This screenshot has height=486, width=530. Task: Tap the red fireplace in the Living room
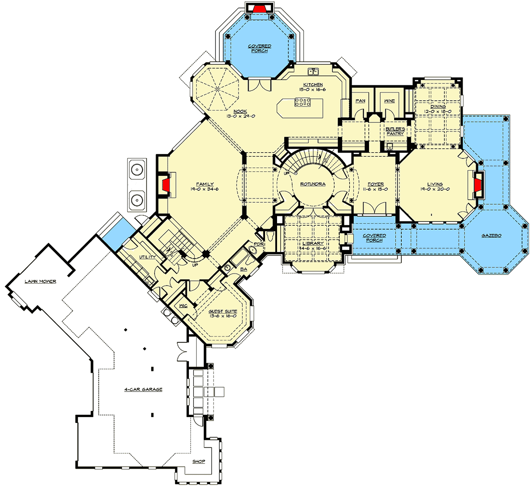click(x=478, y=185)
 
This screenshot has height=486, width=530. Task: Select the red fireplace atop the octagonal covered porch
click(x=259, y=8)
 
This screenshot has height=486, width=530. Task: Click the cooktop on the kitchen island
click(x=302, y=102)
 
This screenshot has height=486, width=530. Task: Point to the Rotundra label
click(x=313, y=184)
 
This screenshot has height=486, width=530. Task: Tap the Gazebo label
click(x=491, y=236)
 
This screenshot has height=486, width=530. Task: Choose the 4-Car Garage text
click(x=143, y=389)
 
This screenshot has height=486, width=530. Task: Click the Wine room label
click(x=389, y=101)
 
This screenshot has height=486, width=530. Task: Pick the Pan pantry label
click(x=360, y=101)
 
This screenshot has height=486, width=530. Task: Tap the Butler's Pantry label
click(x=394, y=131)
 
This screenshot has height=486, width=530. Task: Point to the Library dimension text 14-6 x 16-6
click(x=313, y=249)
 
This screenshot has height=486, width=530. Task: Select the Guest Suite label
click(x=223, y=311)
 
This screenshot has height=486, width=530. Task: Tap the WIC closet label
click(x=183, y=306)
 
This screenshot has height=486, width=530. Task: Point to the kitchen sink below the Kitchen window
click(x=315, y=72)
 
